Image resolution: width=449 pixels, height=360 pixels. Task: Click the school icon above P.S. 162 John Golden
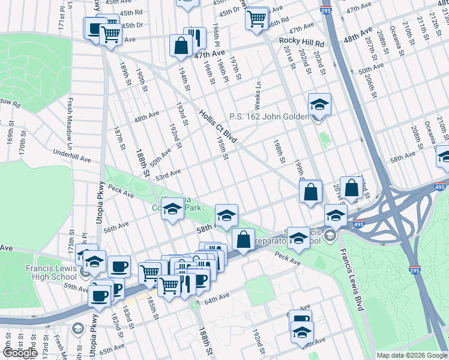320,104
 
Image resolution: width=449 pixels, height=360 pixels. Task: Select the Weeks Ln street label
258,93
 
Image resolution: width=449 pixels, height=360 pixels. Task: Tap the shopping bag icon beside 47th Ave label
181,46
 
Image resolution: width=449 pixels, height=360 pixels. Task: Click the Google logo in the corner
19,353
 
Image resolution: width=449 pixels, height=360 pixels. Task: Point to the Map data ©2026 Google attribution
411,355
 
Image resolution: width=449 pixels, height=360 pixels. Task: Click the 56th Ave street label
116,226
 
